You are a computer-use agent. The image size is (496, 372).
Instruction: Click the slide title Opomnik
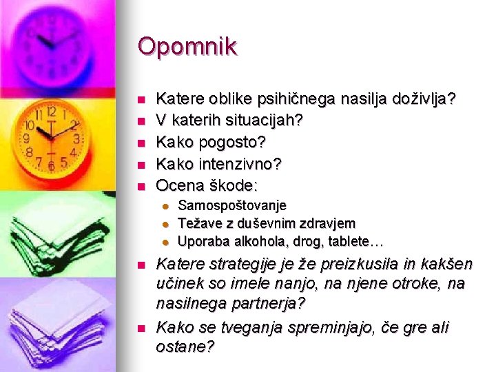click(187, 47)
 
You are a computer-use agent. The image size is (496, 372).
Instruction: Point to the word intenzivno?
click(245, 163)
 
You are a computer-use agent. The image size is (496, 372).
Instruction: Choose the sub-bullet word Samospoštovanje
click(232, 205)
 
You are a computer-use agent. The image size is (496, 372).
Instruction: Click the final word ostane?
click(185, 347)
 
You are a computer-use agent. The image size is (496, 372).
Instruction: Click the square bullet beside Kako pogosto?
click(140, 143)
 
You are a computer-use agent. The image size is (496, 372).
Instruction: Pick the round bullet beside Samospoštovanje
click(165, 206)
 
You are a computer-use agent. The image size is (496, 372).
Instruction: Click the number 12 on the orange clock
click(51, 112)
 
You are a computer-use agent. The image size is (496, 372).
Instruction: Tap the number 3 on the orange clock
click(77, 139)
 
